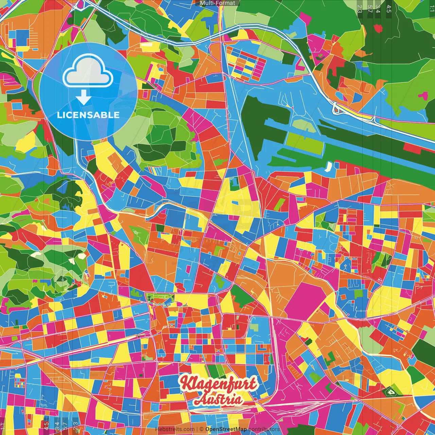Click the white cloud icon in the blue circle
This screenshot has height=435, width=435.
(x=88, y=71)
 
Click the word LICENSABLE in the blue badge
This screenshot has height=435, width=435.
(x=88, y=115)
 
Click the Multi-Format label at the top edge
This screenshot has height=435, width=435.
(x=217, y=3)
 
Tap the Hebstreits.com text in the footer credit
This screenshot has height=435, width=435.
(x=175, y=429)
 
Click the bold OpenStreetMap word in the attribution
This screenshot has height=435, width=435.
(x=226, y=429)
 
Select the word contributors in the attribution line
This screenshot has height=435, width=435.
(x=264, y=429)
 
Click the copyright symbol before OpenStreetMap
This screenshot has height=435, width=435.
(x=201, y=429)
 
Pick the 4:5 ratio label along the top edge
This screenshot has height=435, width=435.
(x=389, y=8)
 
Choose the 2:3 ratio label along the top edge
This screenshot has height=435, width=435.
(x=360, y=8)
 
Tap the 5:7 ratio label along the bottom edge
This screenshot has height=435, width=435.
(x=65, y=426)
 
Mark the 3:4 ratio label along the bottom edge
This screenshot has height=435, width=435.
(x=57, y=426)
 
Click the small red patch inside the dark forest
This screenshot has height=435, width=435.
(x=378, y=29)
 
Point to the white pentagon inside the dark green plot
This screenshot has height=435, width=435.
(x=390, y=392)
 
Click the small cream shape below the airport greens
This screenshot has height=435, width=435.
(x=328, y=167)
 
